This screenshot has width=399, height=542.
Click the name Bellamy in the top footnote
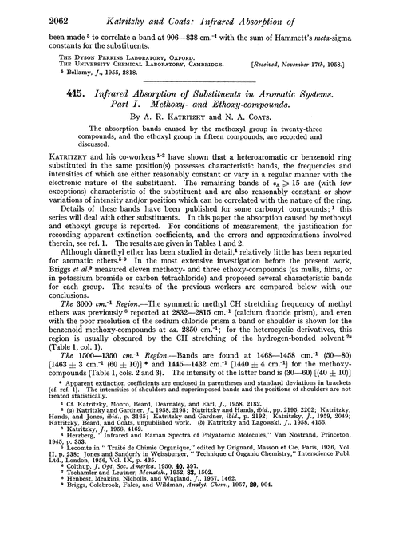pyautogui.click(x=57, y=78)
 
